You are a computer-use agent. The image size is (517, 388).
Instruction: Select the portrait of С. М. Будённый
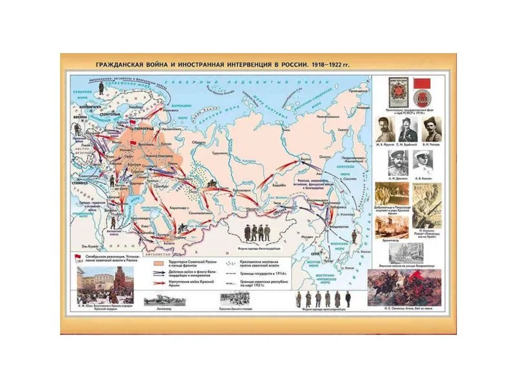coord(406,128)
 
